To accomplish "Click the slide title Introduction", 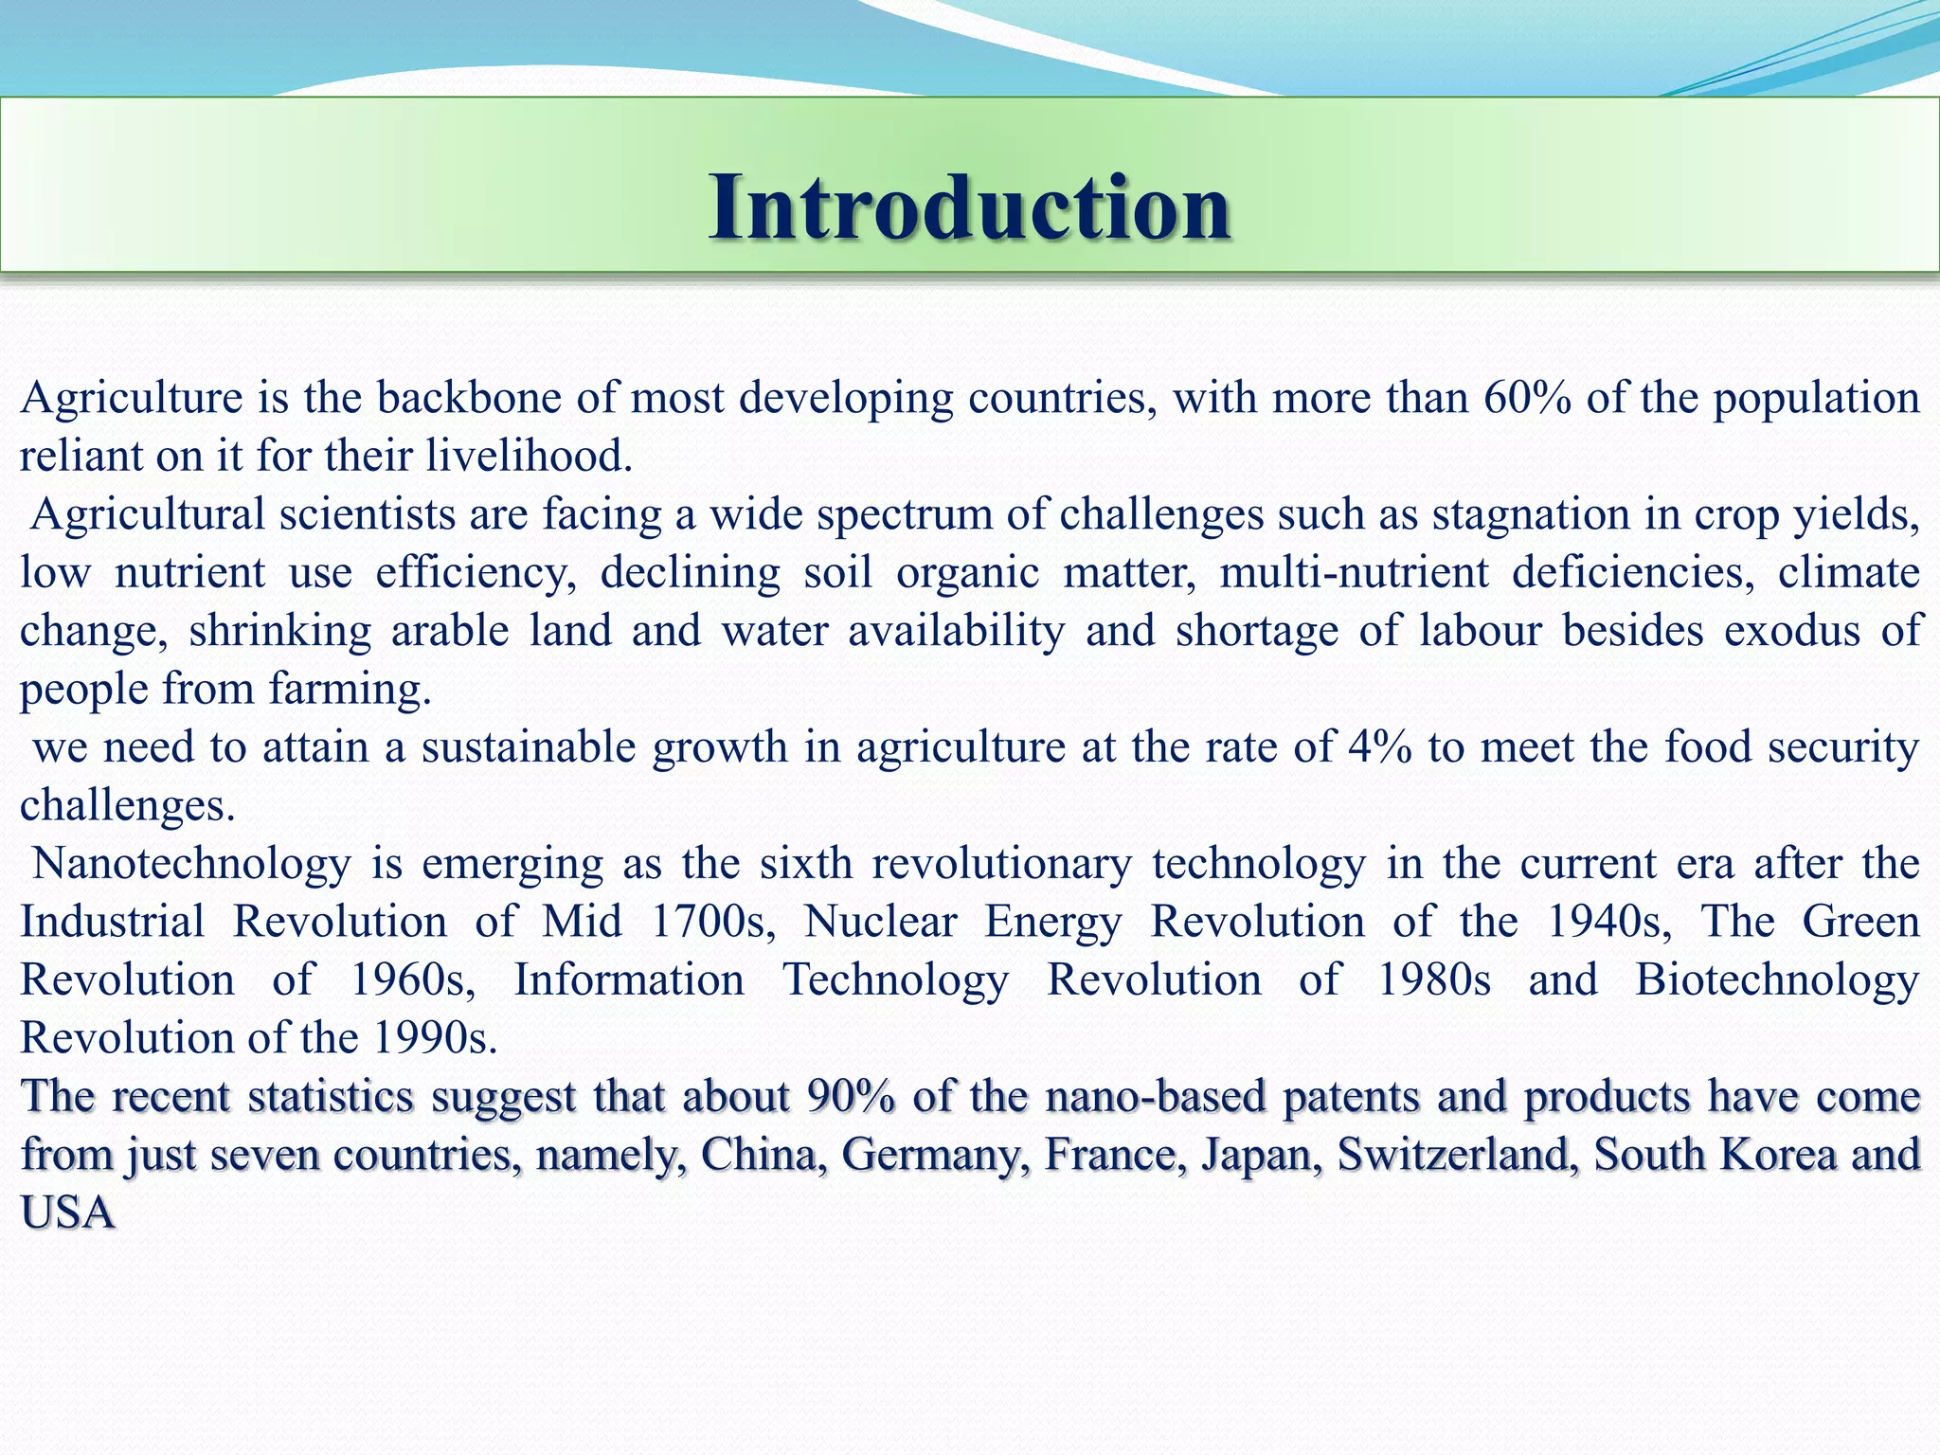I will coord(970,207).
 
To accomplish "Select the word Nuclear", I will coord(880,922).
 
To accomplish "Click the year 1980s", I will coord(1433,980).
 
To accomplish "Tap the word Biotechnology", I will coord(1777,980).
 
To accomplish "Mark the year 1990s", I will coord(435,1039).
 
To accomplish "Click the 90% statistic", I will coord(851,1097).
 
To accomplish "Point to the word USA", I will coord(68,1213).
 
